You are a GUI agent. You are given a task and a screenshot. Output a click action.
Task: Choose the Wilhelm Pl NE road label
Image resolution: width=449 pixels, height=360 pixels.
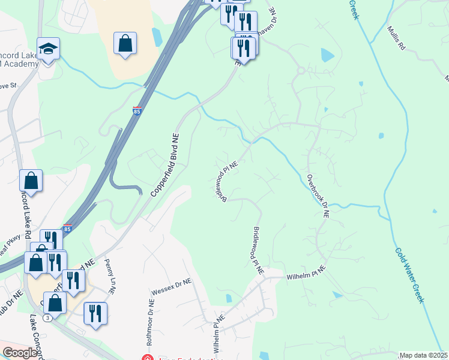[x=217, y=333]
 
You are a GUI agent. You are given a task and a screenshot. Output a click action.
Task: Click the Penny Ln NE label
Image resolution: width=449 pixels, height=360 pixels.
[x=109, y=276]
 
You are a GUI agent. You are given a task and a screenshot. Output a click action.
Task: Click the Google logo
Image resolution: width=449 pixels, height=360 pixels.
[x=20, y=353]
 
